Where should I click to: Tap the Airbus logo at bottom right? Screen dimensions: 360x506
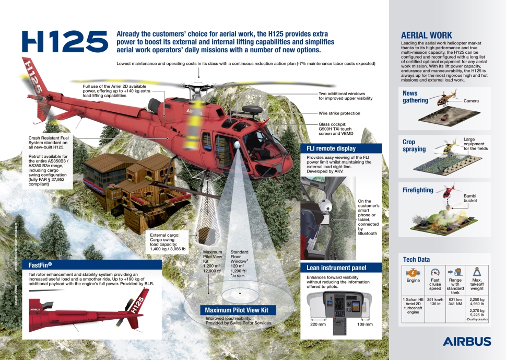[467, 342]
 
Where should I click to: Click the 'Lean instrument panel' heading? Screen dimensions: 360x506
[336, 268]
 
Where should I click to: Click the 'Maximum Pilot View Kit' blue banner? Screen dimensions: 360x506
[237, 310]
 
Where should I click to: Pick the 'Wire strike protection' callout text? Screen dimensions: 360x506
[339, 113]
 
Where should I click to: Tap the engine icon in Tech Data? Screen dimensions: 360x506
[413, 272]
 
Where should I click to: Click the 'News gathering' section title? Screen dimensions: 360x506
[415, 97]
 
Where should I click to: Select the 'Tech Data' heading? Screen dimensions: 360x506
[416, 259]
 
